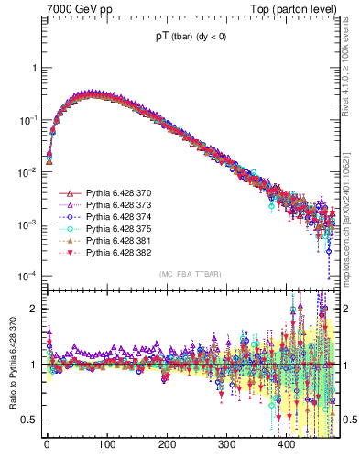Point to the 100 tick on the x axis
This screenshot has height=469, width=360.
tap(106, 444)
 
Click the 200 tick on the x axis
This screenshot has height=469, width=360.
tap(167, 444)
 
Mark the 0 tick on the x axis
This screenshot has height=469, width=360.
tap(47, 444)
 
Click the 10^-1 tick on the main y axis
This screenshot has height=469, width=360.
tap(28, 120)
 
